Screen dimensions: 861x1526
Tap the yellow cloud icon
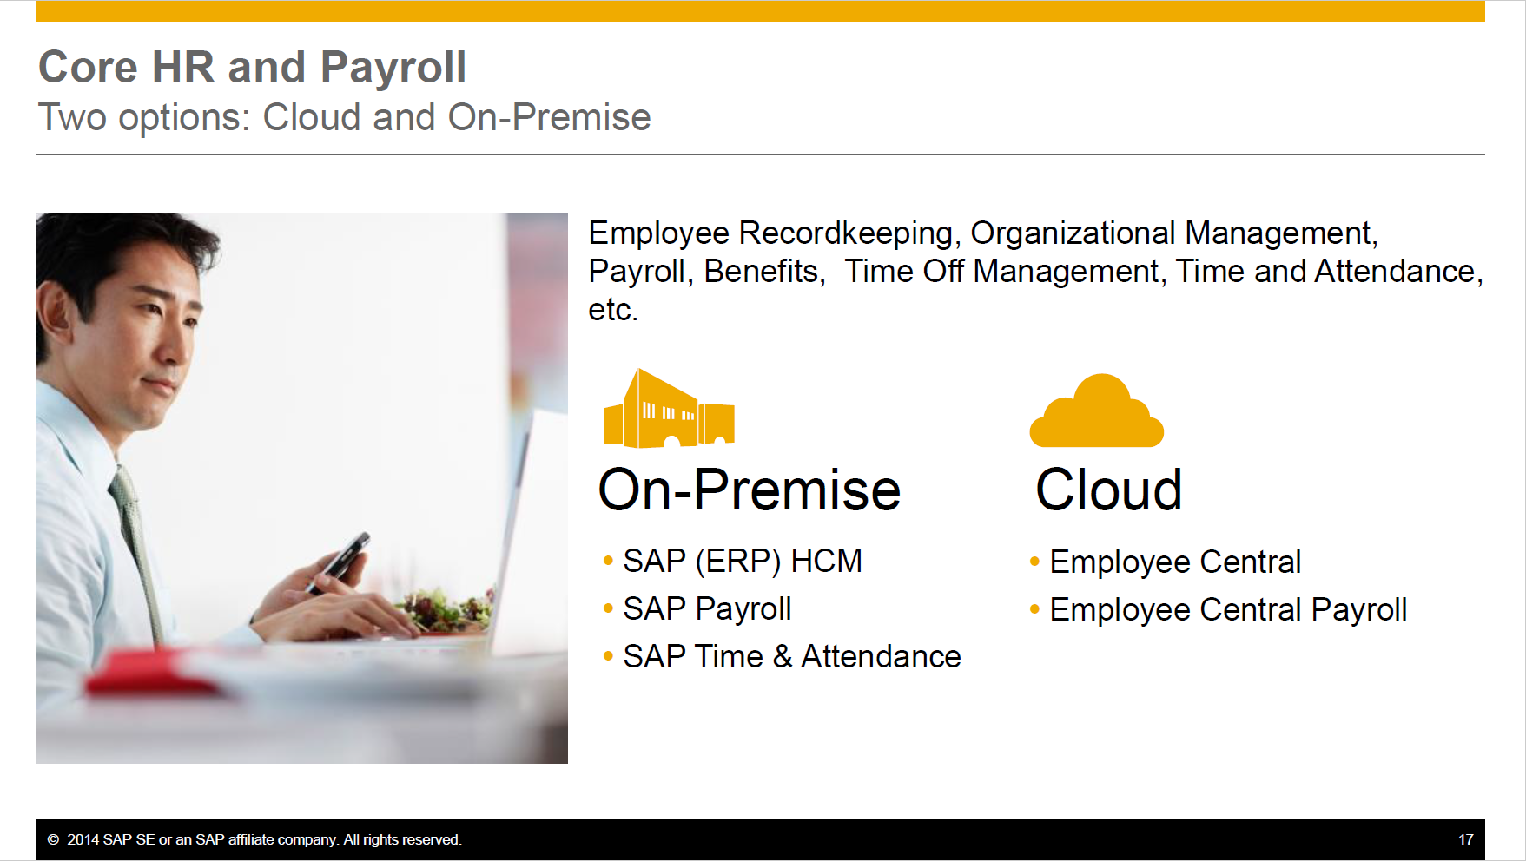click(1097, 414)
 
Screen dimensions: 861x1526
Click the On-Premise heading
click(749, 490)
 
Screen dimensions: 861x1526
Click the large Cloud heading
click(1108, 490)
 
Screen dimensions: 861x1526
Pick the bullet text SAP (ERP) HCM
click(742, 562)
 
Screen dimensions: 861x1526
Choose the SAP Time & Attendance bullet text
click(791, 657)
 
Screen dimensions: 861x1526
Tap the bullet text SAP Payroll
click(706, 609)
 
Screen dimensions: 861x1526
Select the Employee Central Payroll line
click(1227, 610)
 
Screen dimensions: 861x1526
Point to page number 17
click(1465, 839)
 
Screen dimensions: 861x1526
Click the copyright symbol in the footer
click(53, 839)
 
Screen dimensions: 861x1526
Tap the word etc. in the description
click(612, 310)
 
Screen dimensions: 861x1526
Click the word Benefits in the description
click(763, 272)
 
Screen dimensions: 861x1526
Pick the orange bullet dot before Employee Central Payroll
click(1034, 610)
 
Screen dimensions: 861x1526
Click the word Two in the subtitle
click(72, 117)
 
